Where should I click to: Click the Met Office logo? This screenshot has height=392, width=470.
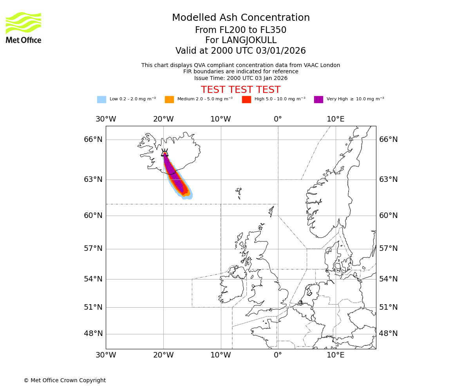point(23,27)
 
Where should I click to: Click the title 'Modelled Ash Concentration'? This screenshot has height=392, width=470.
point(241,18)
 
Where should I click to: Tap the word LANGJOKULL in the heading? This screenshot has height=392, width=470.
point(249,40)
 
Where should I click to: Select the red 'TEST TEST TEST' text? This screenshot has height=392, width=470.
point(240,90)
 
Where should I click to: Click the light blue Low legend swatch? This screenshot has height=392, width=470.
point(101,100)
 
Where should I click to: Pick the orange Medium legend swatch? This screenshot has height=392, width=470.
point(169,100)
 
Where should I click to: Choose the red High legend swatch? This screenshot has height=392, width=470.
point(246,100)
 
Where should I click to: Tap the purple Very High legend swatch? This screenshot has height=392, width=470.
point(318,100)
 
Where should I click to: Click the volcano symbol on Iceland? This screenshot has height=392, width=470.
point(165,153)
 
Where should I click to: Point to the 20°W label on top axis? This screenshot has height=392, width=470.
point(163,119)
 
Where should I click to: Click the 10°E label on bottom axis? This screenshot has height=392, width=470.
point(335,356)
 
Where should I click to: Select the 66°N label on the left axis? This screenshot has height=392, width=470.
point(93,140)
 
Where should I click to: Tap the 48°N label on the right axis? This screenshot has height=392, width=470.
point(388,334)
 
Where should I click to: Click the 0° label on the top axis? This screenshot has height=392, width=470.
point(278,119)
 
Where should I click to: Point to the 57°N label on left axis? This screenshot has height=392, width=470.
point(93,249)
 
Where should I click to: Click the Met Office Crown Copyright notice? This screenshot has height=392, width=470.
point(65,380)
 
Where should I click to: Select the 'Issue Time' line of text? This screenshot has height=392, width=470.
point(240,78)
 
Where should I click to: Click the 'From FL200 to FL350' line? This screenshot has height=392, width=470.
point(240,30)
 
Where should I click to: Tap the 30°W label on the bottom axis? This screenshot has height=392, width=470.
point(106,356)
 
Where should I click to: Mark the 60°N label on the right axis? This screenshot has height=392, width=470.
point(388,216)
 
